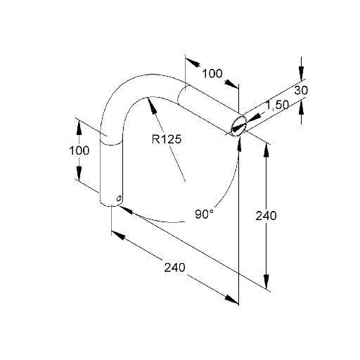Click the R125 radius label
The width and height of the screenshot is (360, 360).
tap(167, 139)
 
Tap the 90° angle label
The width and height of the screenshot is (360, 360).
tap(204, 214)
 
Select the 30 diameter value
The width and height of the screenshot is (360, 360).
tap(301, 90)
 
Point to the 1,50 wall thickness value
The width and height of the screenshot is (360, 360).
tap(277, 105)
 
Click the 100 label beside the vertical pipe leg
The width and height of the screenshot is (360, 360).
tap(79, 150)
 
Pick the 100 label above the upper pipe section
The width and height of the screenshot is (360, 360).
tap(212, 74)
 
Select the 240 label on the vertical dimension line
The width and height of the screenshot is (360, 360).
tap(266, 216)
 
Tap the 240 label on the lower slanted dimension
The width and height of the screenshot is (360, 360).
tap(174, 267)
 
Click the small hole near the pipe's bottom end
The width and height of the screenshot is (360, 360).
tap(119, 198)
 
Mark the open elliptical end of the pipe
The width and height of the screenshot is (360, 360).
tap(239, 126)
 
